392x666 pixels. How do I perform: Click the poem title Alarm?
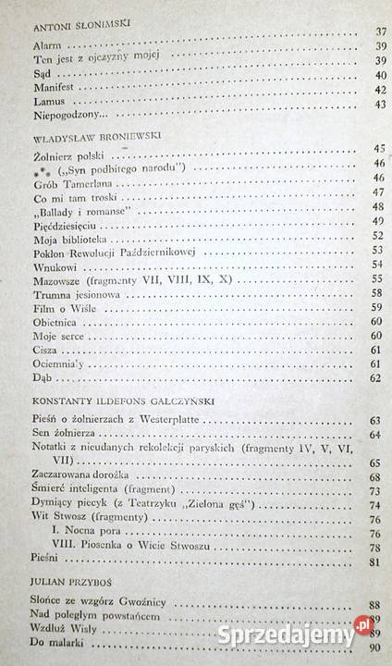tap(45, 45)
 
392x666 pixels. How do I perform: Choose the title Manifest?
tap(53, 88)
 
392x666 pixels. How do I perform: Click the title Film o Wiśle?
tap(58, 307)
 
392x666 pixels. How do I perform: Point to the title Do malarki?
tap(55, 644)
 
